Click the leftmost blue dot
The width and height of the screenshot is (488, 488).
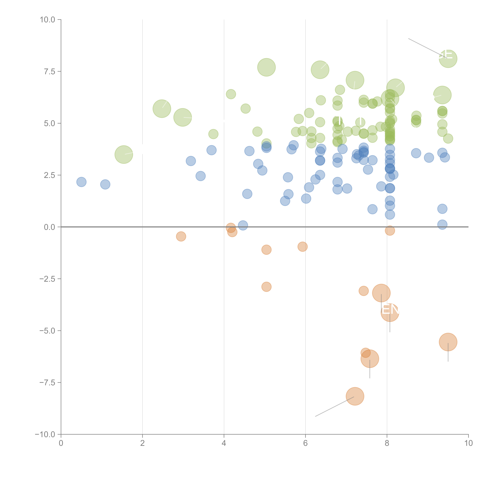tap(81, 182)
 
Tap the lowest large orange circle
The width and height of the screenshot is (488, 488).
tap(355, 396)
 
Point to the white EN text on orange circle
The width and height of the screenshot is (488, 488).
tap(390, 310)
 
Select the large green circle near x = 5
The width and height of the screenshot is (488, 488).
tap(266, 67)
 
